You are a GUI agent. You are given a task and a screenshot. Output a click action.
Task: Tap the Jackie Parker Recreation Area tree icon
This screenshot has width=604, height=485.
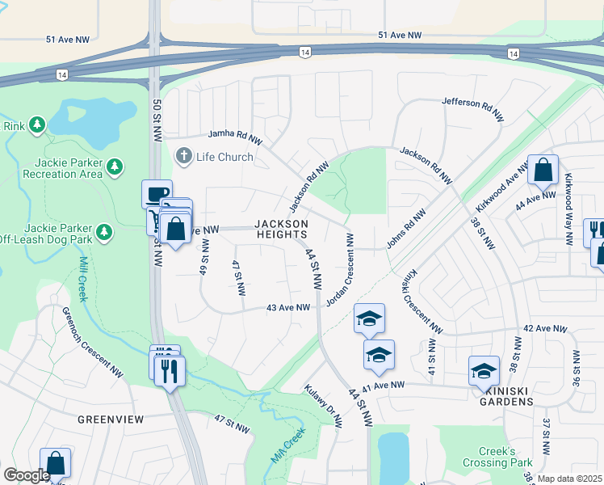pos(115,167)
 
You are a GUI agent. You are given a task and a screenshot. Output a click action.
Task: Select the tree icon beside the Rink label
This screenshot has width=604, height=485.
pos(36,124)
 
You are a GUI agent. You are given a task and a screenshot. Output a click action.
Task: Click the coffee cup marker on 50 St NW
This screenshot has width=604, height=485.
pos(157,194)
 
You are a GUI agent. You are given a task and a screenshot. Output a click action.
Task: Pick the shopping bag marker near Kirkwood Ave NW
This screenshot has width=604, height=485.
pos(543,171)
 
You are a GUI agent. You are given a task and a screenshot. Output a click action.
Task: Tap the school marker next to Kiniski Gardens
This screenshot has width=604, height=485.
pos(483,370)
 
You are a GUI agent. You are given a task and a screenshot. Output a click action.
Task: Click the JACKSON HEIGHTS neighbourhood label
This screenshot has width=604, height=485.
pos(281,229)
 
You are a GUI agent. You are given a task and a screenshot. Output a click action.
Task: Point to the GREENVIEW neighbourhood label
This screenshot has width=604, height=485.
pos(111,420)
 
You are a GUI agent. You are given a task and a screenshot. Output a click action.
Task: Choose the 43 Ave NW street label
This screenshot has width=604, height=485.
pos(288,308)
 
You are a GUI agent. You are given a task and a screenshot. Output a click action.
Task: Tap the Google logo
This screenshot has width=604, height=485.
pos(27,475)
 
